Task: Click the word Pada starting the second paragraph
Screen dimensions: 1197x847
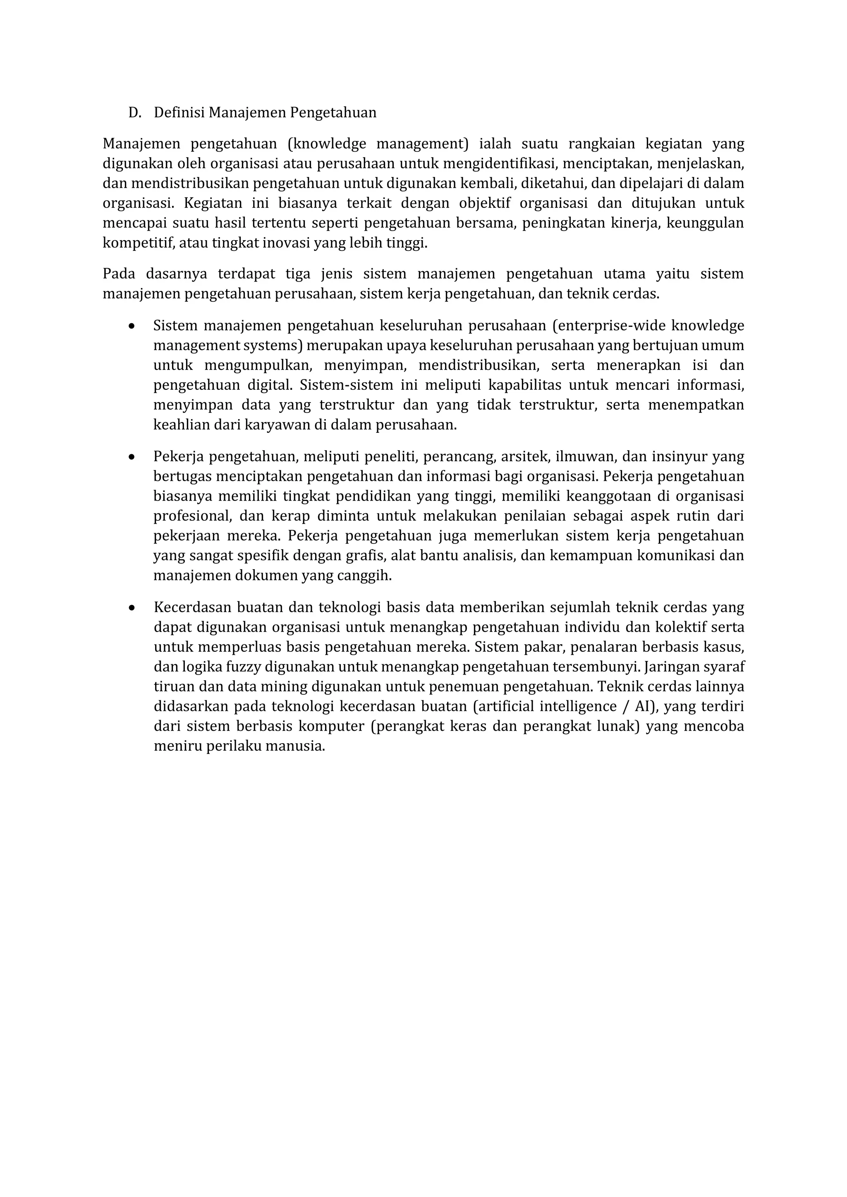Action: [118, 274]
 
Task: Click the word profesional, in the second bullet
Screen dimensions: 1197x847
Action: [191, 516]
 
